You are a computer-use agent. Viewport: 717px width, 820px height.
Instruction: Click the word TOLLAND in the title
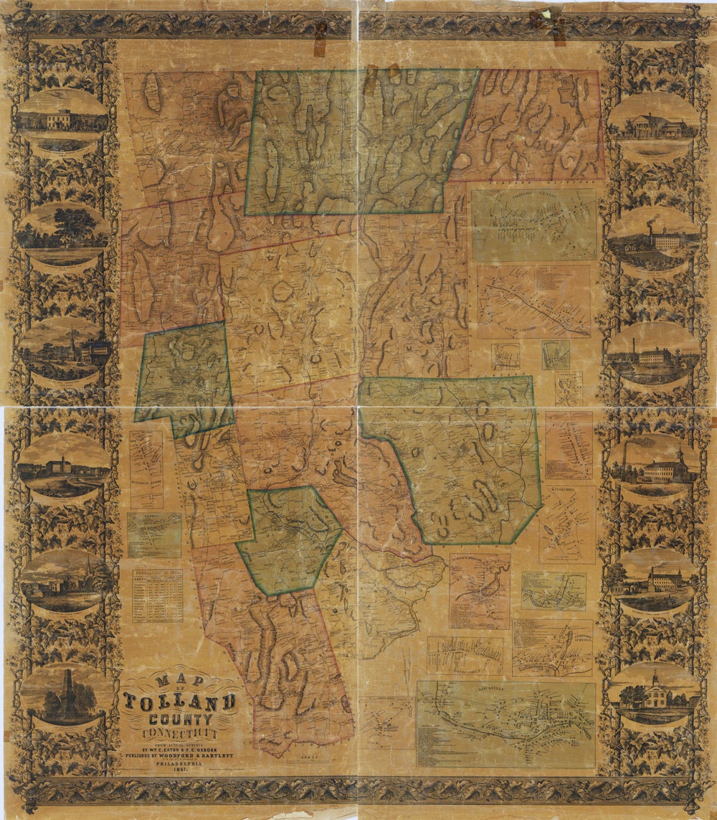point(179,701)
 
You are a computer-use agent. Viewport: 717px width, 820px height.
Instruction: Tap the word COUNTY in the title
point(179,719)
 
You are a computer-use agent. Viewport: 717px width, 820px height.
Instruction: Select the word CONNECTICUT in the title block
point(179,734)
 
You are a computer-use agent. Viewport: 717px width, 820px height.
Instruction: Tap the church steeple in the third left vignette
point(71,340)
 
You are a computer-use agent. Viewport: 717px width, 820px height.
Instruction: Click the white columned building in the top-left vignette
point(59,118)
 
